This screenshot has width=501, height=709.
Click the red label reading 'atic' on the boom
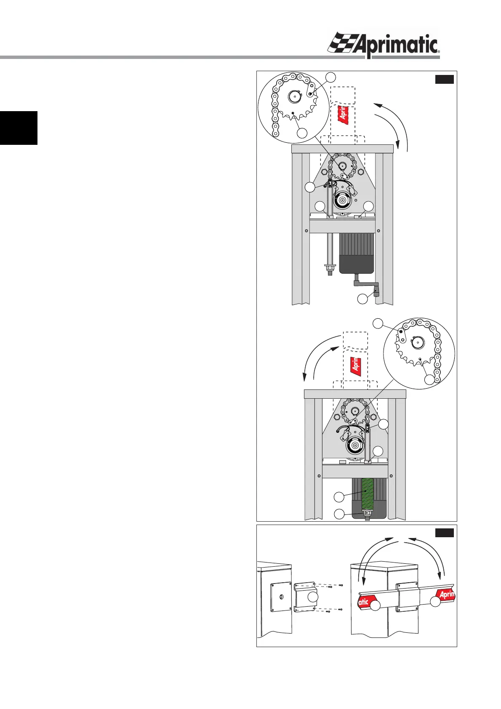tap(363, 602)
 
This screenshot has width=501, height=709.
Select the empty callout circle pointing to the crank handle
tap(362, 299)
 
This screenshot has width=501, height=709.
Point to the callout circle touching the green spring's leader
tap(339, 497)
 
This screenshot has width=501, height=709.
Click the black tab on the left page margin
tap(19, 128)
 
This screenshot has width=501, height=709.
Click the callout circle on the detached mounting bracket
tap(313, 597)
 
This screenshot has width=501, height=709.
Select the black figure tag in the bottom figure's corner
tap(444, 533)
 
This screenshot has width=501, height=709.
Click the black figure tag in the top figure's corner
tap(444, 79)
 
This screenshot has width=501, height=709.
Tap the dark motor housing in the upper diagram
tap(357, 253)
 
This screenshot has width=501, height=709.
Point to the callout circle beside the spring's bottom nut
tap(339, 514)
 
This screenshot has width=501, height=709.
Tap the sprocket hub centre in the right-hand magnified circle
tap(416, 343)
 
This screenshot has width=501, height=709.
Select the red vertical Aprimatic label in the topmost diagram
tap(344, 113)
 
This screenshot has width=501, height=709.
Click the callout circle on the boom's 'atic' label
tap(375, 605)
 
